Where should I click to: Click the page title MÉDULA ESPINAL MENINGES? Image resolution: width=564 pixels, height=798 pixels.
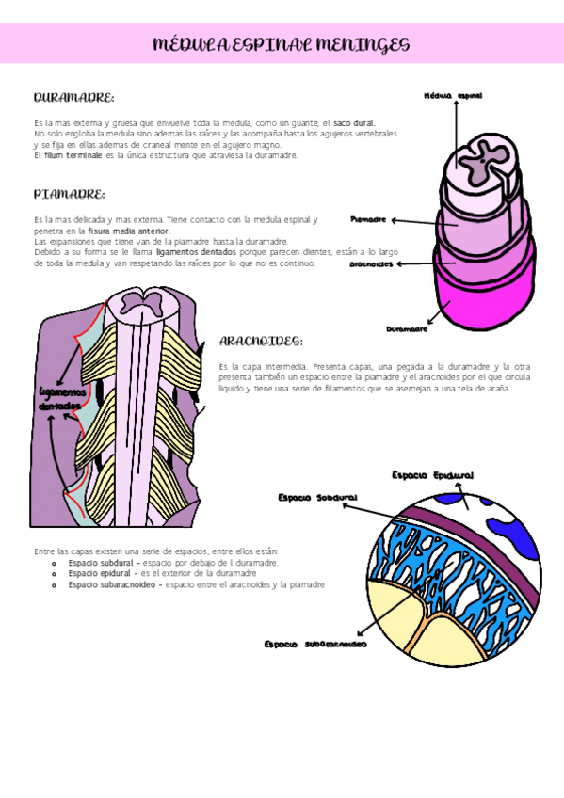(x=282, y=44)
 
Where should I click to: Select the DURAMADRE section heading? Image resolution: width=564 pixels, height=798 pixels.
(x=73, y=98)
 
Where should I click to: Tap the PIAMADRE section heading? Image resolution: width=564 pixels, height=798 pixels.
(x=69, y=194)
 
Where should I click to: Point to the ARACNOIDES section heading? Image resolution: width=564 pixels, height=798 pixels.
(x=261, y=341)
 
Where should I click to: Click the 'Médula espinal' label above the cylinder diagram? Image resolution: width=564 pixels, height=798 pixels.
(x=453, y=96)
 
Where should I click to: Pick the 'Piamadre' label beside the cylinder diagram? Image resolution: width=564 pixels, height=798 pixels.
(x=368, y=219)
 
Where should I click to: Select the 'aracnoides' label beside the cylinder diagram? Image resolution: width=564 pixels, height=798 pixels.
(x=371, y=264)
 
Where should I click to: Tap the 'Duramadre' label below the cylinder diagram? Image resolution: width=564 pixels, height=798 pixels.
(x=407, y=329)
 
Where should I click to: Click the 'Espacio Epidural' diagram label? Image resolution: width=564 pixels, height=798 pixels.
(x=432, y=475)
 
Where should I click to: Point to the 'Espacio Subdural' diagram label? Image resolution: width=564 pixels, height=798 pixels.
(x=317, y=497)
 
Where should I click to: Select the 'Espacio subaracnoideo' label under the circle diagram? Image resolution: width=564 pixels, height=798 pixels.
(x=314, y=645)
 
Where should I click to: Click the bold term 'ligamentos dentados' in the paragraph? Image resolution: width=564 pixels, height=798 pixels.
(x=189, y=252)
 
